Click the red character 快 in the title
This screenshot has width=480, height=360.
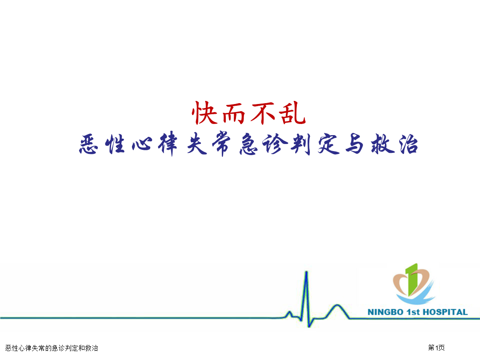click(x=205, y=112)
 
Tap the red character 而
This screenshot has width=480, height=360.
click(x=234, y=114)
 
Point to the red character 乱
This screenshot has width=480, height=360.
click(x=292, y=113)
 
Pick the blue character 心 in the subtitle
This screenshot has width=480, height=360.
click(x=142, y=144)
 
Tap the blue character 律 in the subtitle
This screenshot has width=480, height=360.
click(x=168, y=144)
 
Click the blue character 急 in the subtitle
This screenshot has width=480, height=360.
click(x=248, y=144)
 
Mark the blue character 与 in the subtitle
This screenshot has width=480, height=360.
click(x=355, y=144)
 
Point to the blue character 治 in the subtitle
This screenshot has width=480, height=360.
click(x=408, y=144)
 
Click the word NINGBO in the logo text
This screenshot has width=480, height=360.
click(x=385, y=312)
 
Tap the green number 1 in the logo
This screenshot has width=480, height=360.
click(x=412, y=279)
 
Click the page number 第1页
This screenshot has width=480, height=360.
click(x=436, y=348)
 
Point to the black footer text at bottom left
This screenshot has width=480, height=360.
click(x=52, y=348)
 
